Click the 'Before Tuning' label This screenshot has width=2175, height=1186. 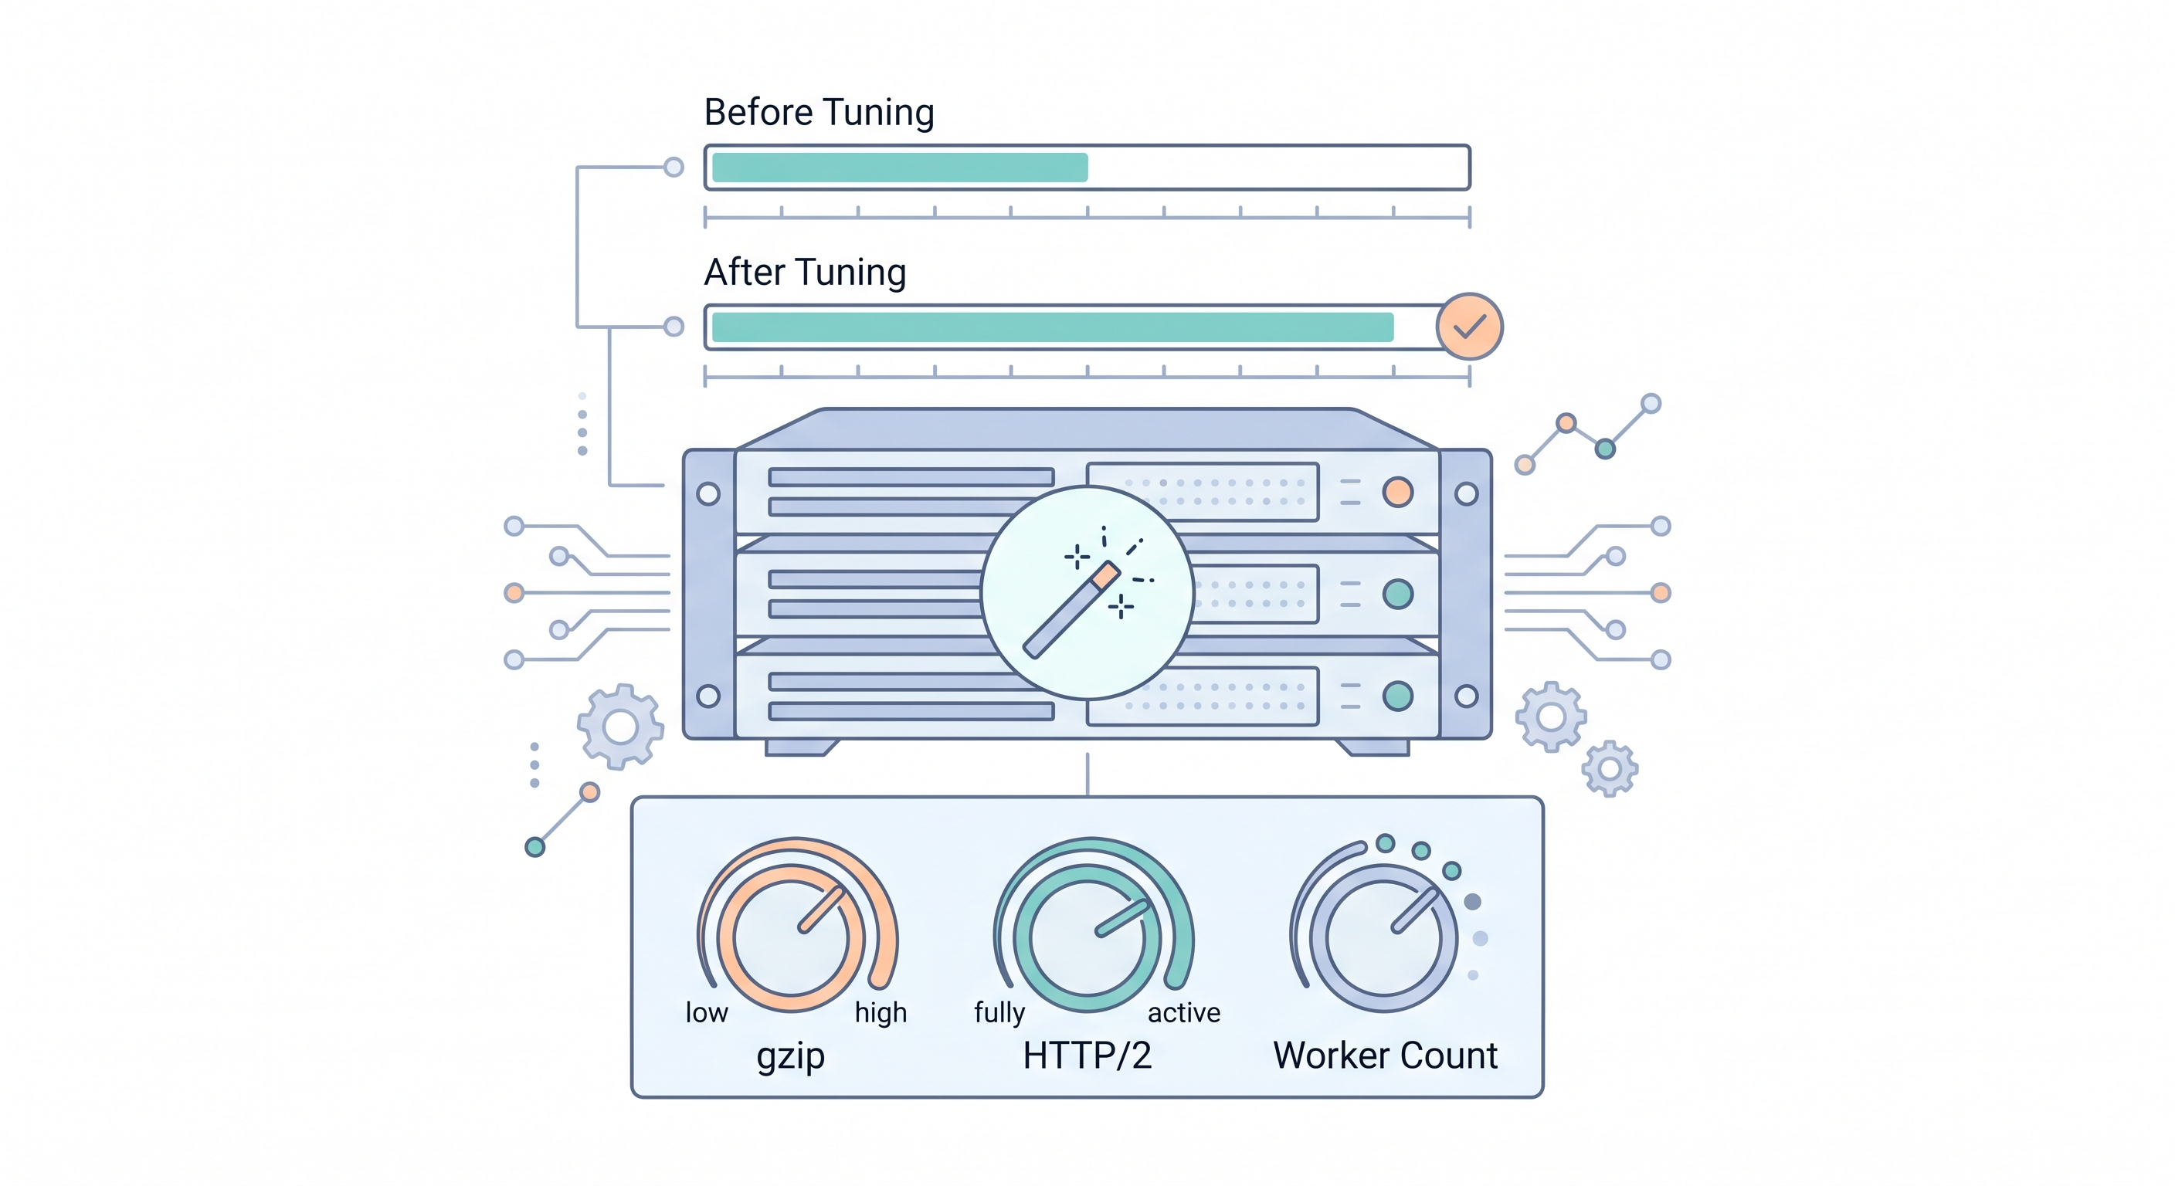click(818, 112)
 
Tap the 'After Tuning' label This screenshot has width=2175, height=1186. click(805, 272)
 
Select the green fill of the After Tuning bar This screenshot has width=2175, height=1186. click(1052, 327)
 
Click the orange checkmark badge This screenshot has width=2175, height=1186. click(1469, 327)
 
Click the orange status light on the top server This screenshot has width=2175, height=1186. click(1397, 492)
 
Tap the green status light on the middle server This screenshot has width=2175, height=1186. click(1397, 595)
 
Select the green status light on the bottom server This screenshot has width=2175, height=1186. click(1397, 696)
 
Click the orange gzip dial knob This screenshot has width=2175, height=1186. click(792, 938)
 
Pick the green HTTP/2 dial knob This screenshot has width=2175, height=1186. click(1087, 938)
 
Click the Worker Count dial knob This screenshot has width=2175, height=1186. click(1383, 938)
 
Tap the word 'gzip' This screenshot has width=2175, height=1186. click(790, 1057)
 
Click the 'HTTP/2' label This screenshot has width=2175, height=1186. click(1087, 1056)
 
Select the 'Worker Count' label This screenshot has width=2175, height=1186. click(1385, 1056)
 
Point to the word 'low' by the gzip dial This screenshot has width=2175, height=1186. click(706, 1012)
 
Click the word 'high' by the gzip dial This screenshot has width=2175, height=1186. click(880, 1012)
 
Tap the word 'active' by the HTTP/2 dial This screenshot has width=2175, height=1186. click(1184, 1012)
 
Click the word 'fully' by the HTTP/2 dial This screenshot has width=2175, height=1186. click(999, 1012)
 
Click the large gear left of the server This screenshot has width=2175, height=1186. click(620, 727)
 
